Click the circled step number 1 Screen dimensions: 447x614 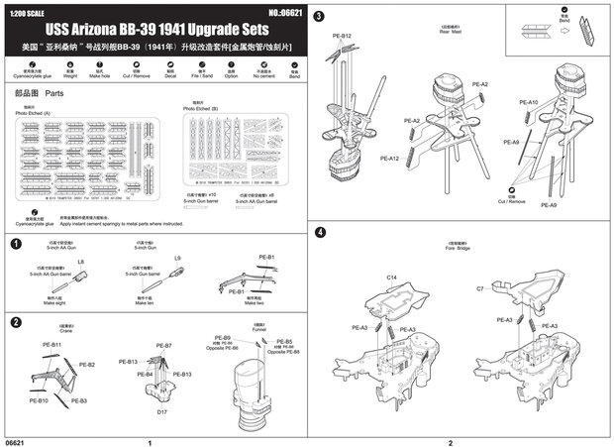pos(14,243)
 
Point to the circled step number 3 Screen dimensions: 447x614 pos(319,17)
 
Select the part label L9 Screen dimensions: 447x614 pos(177,259)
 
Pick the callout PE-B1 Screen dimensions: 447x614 pos(266,257)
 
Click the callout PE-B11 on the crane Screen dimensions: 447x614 pos(52,344)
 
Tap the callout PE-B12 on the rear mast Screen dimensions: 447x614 pos(343,37)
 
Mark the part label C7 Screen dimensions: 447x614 pos(480,287)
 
